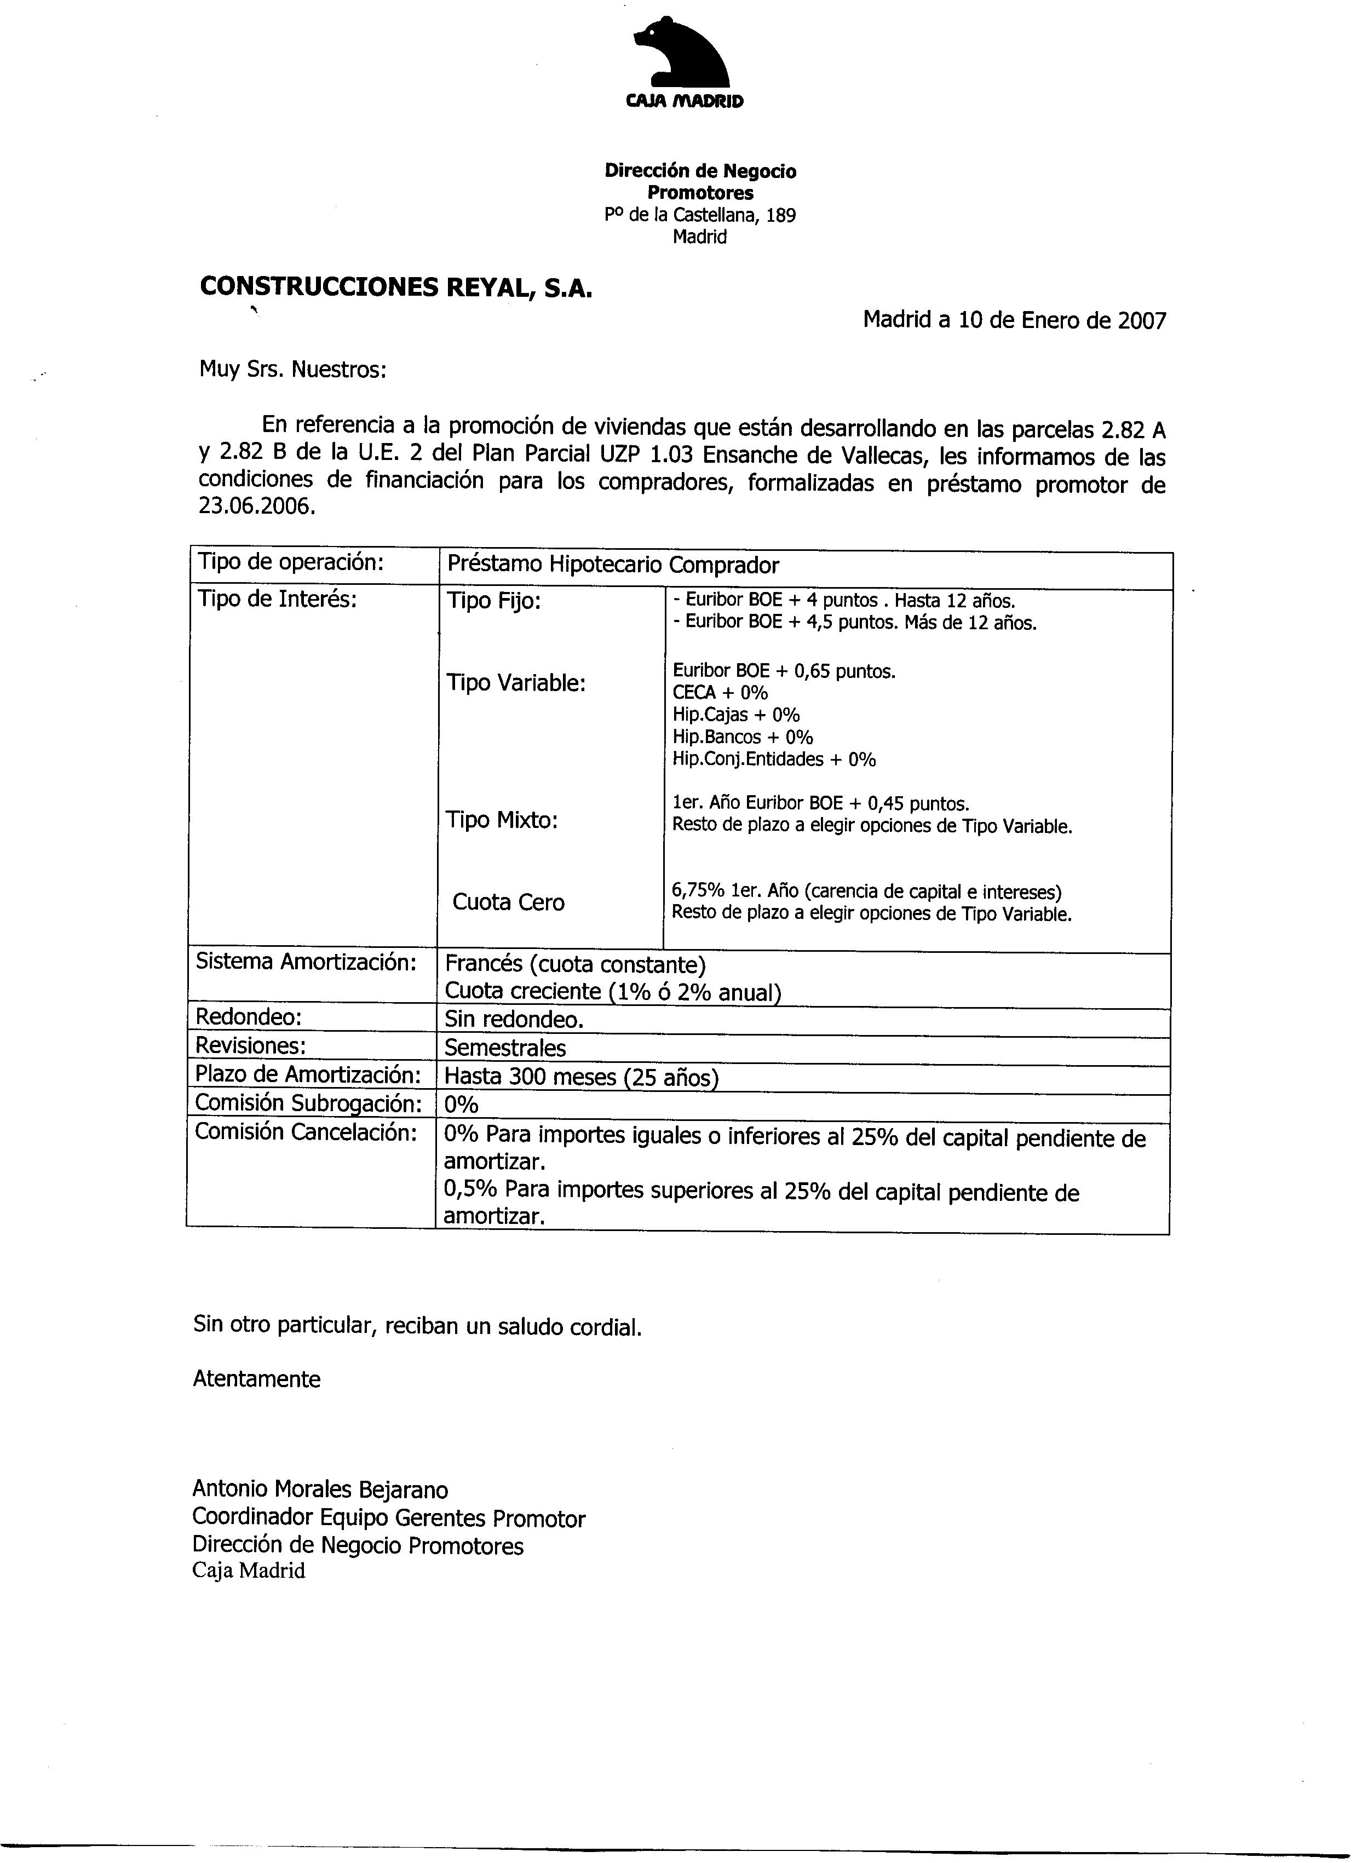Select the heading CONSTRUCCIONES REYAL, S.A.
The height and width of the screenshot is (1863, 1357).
click(395, 287)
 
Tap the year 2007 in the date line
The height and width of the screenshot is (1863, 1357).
click(1142, 321)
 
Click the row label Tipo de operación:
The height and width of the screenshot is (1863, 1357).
click(291, 563)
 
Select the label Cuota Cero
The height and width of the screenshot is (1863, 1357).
click(508, 902)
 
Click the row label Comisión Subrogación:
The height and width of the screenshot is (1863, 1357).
click(308, 1104)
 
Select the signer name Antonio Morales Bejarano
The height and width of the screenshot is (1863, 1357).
click(320, 1490)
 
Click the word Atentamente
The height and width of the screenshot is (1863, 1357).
click(256, 1379)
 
